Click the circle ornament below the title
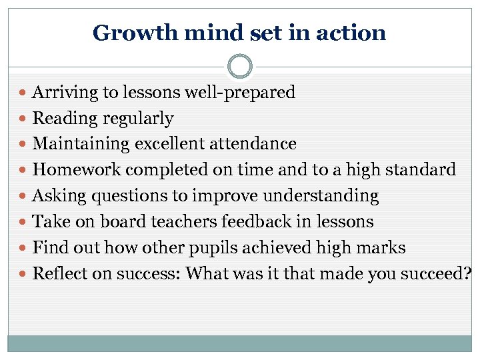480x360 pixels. click(x=240, y=67)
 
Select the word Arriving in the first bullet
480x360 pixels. click(x=64, y=93)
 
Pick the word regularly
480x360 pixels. click(x=136, y=119)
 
